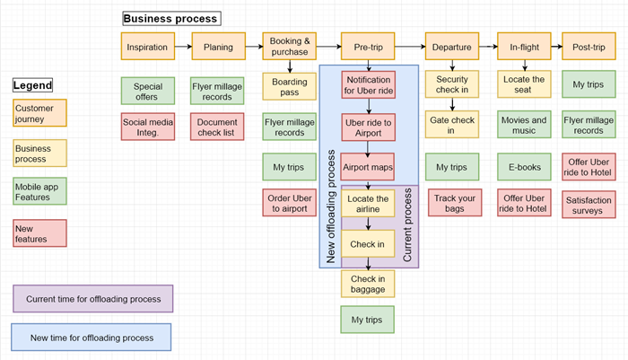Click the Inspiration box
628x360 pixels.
(x=147, y=46)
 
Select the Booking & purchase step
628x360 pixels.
(x=289, y=46)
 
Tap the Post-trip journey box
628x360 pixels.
(x=589, y=46)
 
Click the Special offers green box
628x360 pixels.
(x=147, y=90)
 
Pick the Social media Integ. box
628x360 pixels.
(x=147, y=127)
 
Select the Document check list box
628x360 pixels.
(x=217, y=127)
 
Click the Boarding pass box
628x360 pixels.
(x=289, y=87)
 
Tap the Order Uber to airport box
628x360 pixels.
(x=289, y=204)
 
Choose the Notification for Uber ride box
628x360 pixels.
(x=368, y=85)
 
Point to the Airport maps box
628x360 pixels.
(x=368, y=167)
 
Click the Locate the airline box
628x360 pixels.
(x=368, y=204)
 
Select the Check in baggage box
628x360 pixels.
(x=368, y=283)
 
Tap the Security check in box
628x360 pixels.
(x=451, y=84)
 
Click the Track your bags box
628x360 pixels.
(x=451, y=204)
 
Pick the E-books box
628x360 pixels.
(x=525, y=167)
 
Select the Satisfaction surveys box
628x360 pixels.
(x=589, y=204)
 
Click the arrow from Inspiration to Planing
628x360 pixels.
(x=182, y=46)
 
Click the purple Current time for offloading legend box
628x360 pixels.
(x=93, y=299)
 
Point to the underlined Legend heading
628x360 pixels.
(x=32, y=85)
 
